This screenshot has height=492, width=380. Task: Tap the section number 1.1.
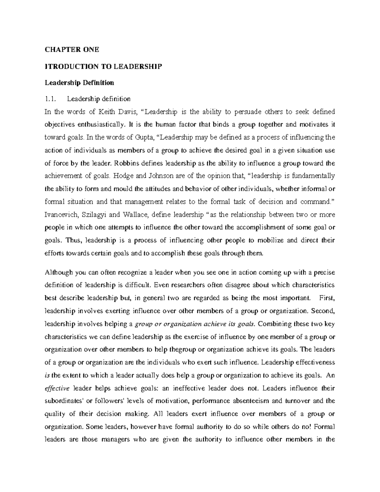click(50, 99)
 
